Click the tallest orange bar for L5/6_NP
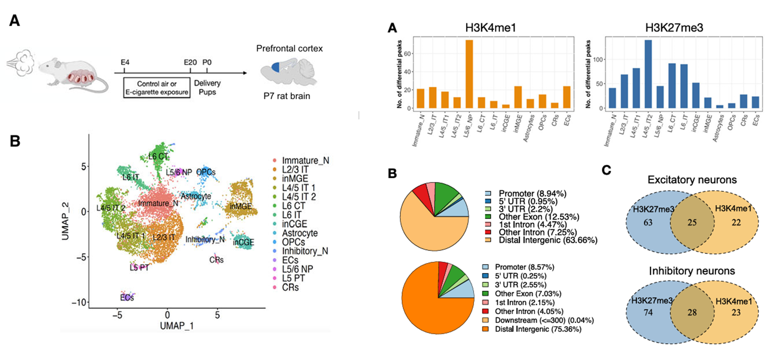[x=469, y=74]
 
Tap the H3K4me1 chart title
[x=491, y=28]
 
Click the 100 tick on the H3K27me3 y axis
[x=598, y=60]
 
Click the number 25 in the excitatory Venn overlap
[x=692, y=223]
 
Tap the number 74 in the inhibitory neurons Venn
[x=648, y=312]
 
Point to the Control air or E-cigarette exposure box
[x=157, y=88]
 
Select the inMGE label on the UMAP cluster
[x=240, y=206]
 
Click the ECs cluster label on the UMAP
[x=127, y=298]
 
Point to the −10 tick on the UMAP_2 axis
[x=79, y=302]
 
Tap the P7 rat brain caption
[x=287, y=96]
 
